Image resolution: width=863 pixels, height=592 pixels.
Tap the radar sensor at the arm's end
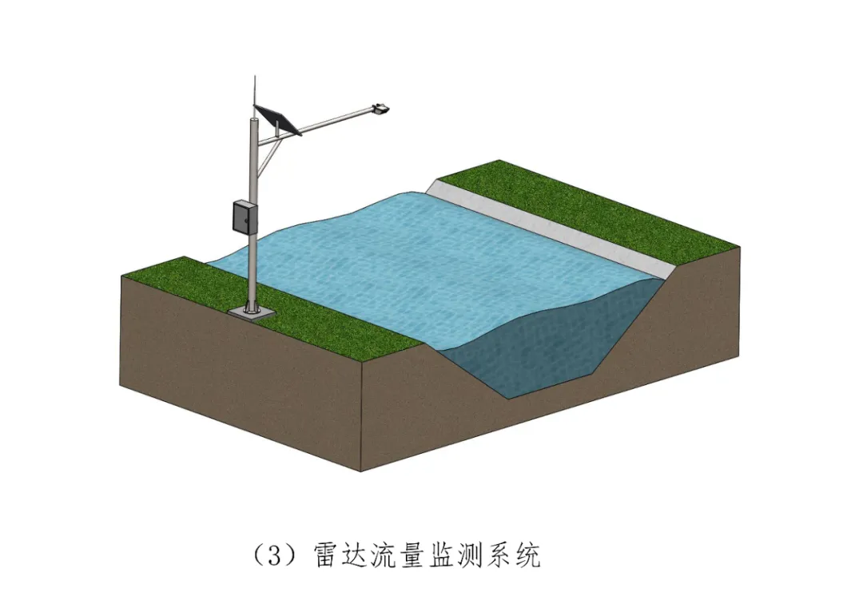(380, 107)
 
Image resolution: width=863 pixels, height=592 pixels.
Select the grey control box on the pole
(244, 217)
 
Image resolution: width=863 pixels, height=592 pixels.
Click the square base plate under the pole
(250, 311)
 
